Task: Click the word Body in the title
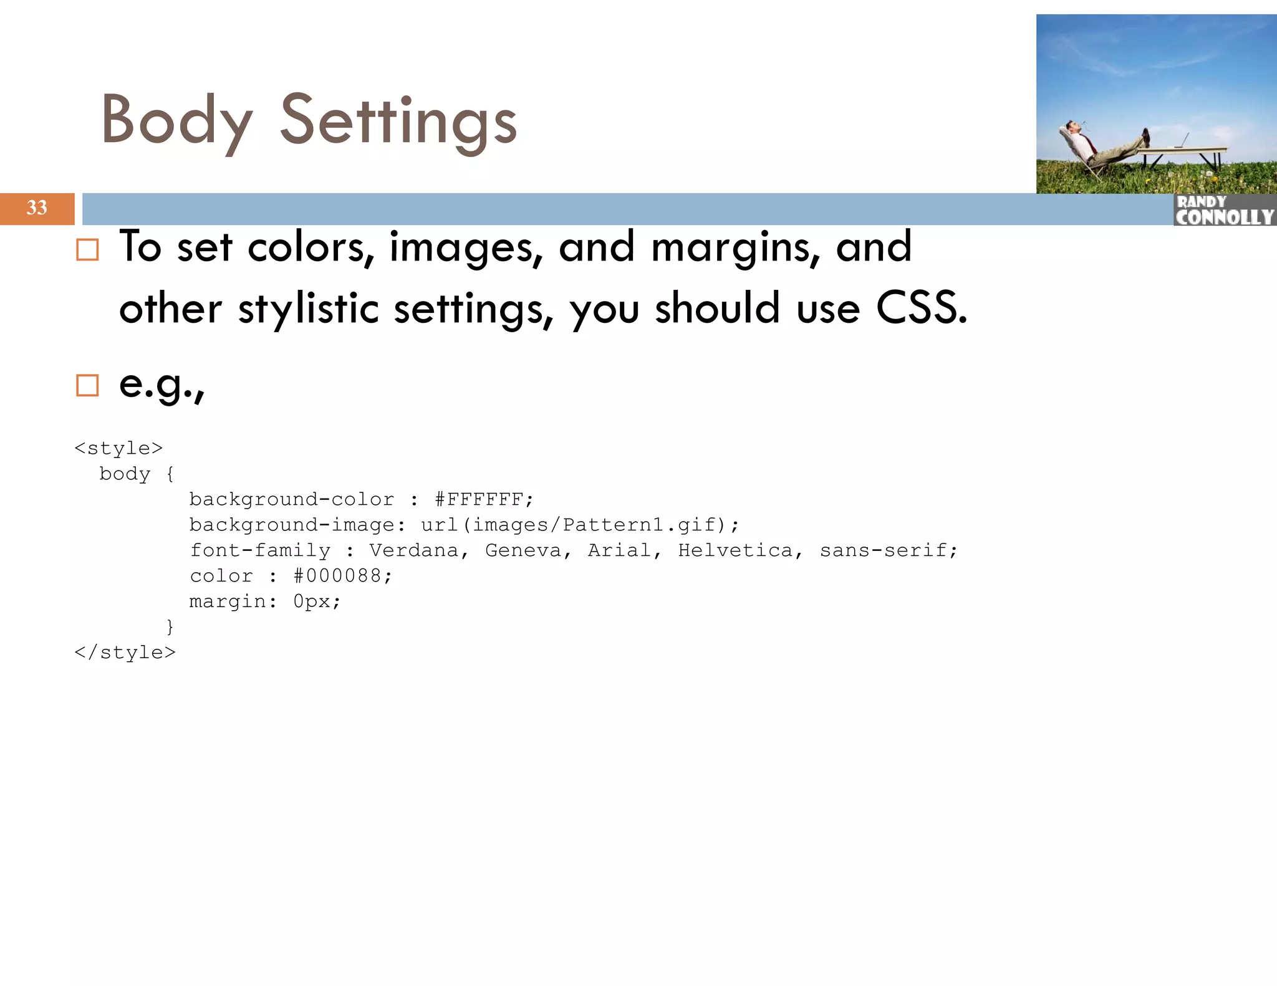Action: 176,120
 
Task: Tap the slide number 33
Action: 37,208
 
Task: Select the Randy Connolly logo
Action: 1224,210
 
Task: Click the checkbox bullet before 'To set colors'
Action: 87,250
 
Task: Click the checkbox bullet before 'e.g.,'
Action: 87,385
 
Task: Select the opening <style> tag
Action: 118,448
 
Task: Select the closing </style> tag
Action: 125,653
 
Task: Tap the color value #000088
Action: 342,576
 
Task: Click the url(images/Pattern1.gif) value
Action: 579,525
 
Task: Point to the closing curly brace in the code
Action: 170,626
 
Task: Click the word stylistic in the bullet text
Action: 309,308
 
